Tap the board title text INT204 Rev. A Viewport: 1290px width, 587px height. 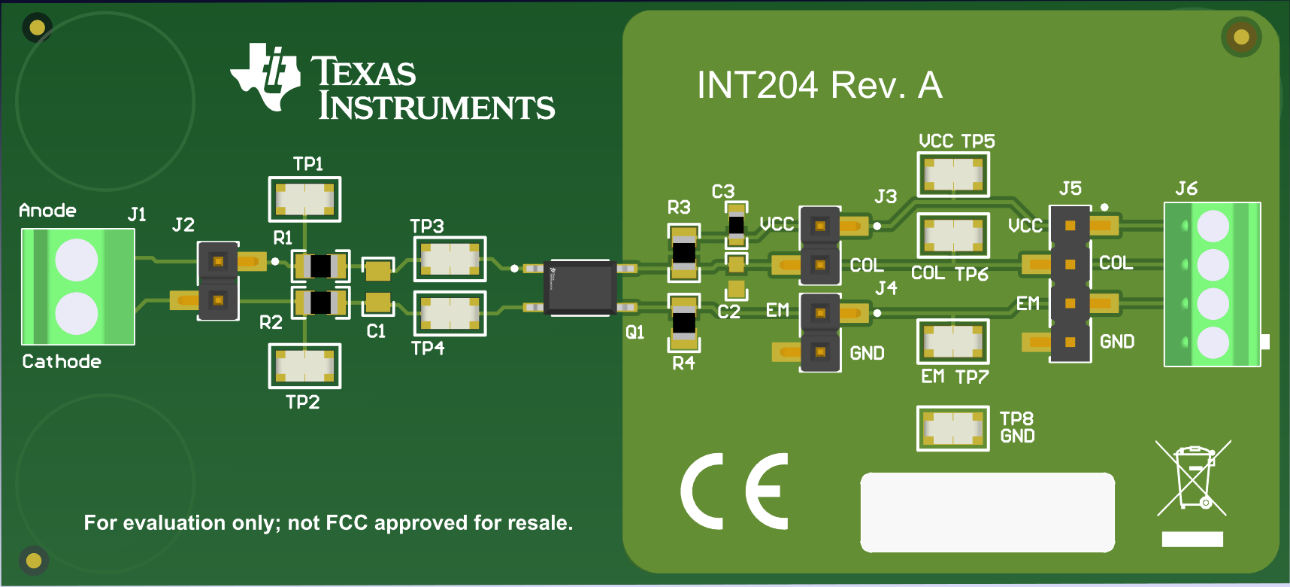point(819,85)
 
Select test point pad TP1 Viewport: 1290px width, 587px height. point(304,199)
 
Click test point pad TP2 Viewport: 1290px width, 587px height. point(304,366)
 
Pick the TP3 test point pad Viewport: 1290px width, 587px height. point(450,259)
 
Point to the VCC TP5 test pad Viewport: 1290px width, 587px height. point(952,175)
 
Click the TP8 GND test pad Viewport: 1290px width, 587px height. point(952,428)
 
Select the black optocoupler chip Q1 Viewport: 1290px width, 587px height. point(580,287)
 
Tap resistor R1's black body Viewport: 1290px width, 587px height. point(320,266)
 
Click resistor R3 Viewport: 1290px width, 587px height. point(683,252)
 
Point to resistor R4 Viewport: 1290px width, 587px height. point(683,323)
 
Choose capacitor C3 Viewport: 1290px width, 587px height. point(736,224)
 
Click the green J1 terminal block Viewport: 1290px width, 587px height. point(78,287)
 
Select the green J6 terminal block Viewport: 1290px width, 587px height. point(1212,284)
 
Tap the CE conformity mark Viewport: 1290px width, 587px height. point(734,491)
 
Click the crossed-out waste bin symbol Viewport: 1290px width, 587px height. point(1192,479)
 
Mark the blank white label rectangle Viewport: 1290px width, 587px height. point(987,512)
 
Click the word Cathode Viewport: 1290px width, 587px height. point(62,362)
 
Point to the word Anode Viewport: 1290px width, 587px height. point(47,211)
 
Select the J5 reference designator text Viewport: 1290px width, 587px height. point(1070,188)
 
